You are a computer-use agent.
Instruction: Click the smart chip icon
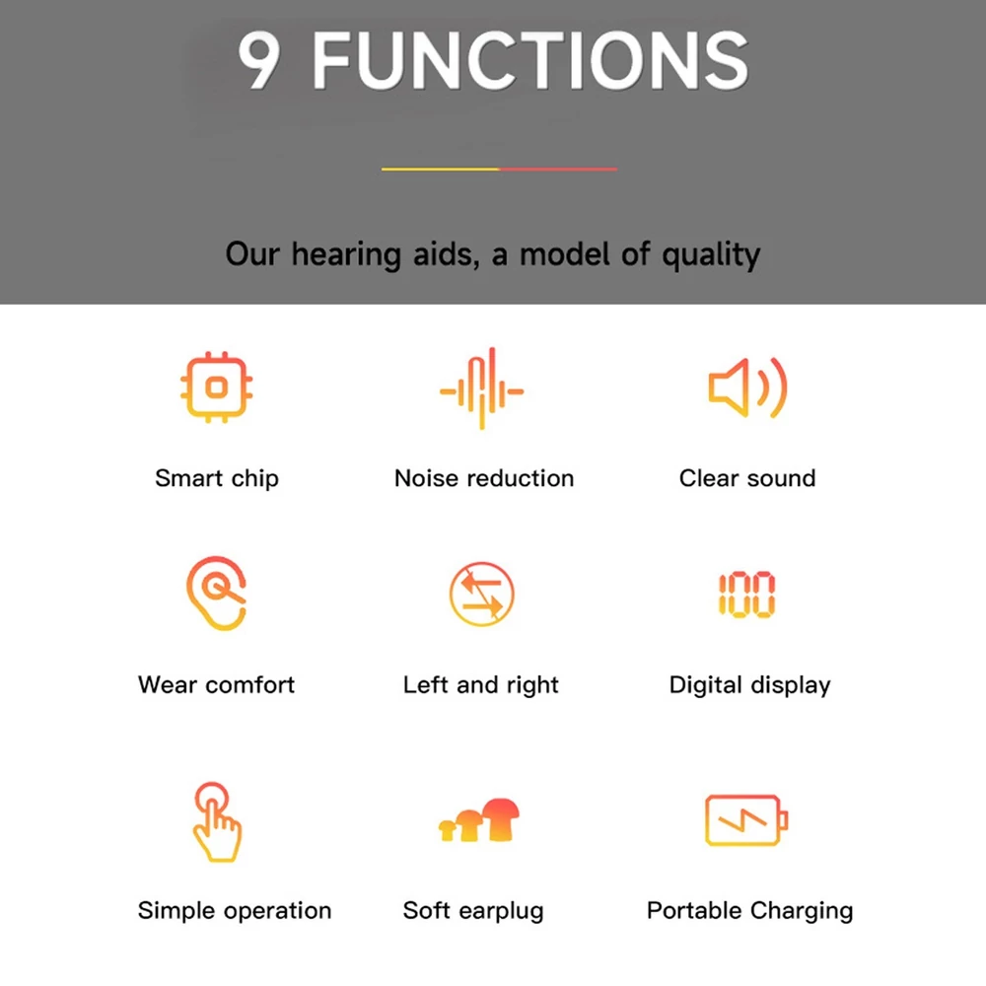[x=216, y=387]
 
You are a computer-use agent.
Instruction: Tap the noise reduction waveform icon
[x=482, y=388]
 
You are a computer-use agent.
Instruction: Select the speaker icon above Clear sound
[x=747, y=387]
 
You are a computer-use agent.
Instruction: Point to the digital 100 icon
[x=747, y=595]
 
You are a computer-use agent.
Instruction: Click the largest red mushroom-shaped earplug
[x=501, y=817]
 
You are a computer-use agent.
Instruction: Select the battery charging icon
[x=746, y=820]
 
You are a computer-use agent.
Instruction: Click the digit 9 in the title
[x=259, y=60]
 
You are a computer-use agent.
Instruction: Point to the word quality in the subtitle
[x=711, y=255]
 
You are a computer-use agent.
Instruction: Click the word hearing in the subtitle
[x=346, y=255]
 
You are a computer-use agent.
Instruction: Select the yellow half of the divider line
[x=440, y=169]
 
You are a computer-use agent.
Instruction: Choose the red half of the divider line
[x=558, y=169]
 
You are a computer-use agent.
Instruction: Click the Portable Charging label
[x=749, y=910]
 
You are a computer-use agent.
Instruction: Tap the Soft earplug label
[x=473, y=910]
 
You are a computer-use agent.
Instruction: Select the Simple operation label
[x=235, y=910]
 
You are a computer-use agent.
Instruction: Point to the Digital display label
[x=749, y=685]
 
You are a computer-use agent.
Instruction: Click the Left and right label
[x=481, y=685]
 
